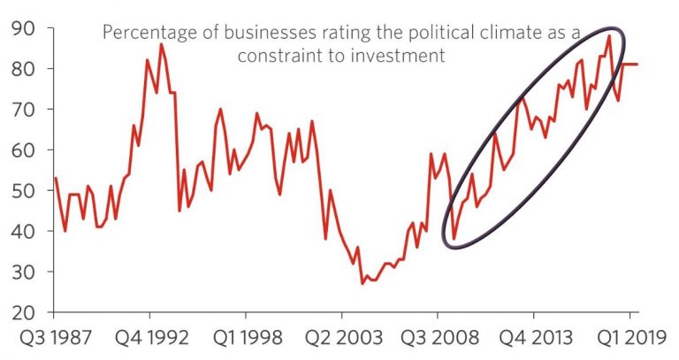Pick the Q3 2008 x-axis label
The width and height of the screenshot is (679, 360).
click(x=437, y=339)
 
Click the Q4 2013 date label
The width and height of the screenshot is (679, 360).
click(x=533, y=339)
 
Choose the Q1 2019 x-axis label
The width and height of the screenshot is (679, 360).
click(x=629, y=339)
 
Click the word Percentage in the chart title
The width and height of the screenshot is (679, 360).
click(x=146, y=33)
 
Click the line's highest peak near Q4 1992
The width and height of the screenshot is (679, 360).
click(x=161, y=44)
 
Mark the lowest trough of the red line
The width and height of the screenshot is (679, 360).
click(x=362, y=283)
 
